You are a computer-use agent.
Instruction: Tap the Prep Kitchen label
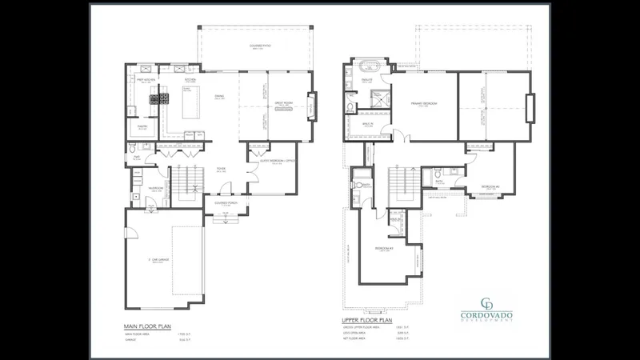(x=145, y=80)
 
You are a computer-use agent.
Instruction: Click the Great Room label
(x=283, y=103)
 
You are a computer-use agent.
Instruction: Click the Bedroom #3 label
(x=384, y=249)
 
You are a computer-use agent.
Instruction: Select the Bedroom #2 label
(x=490, y=186)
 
